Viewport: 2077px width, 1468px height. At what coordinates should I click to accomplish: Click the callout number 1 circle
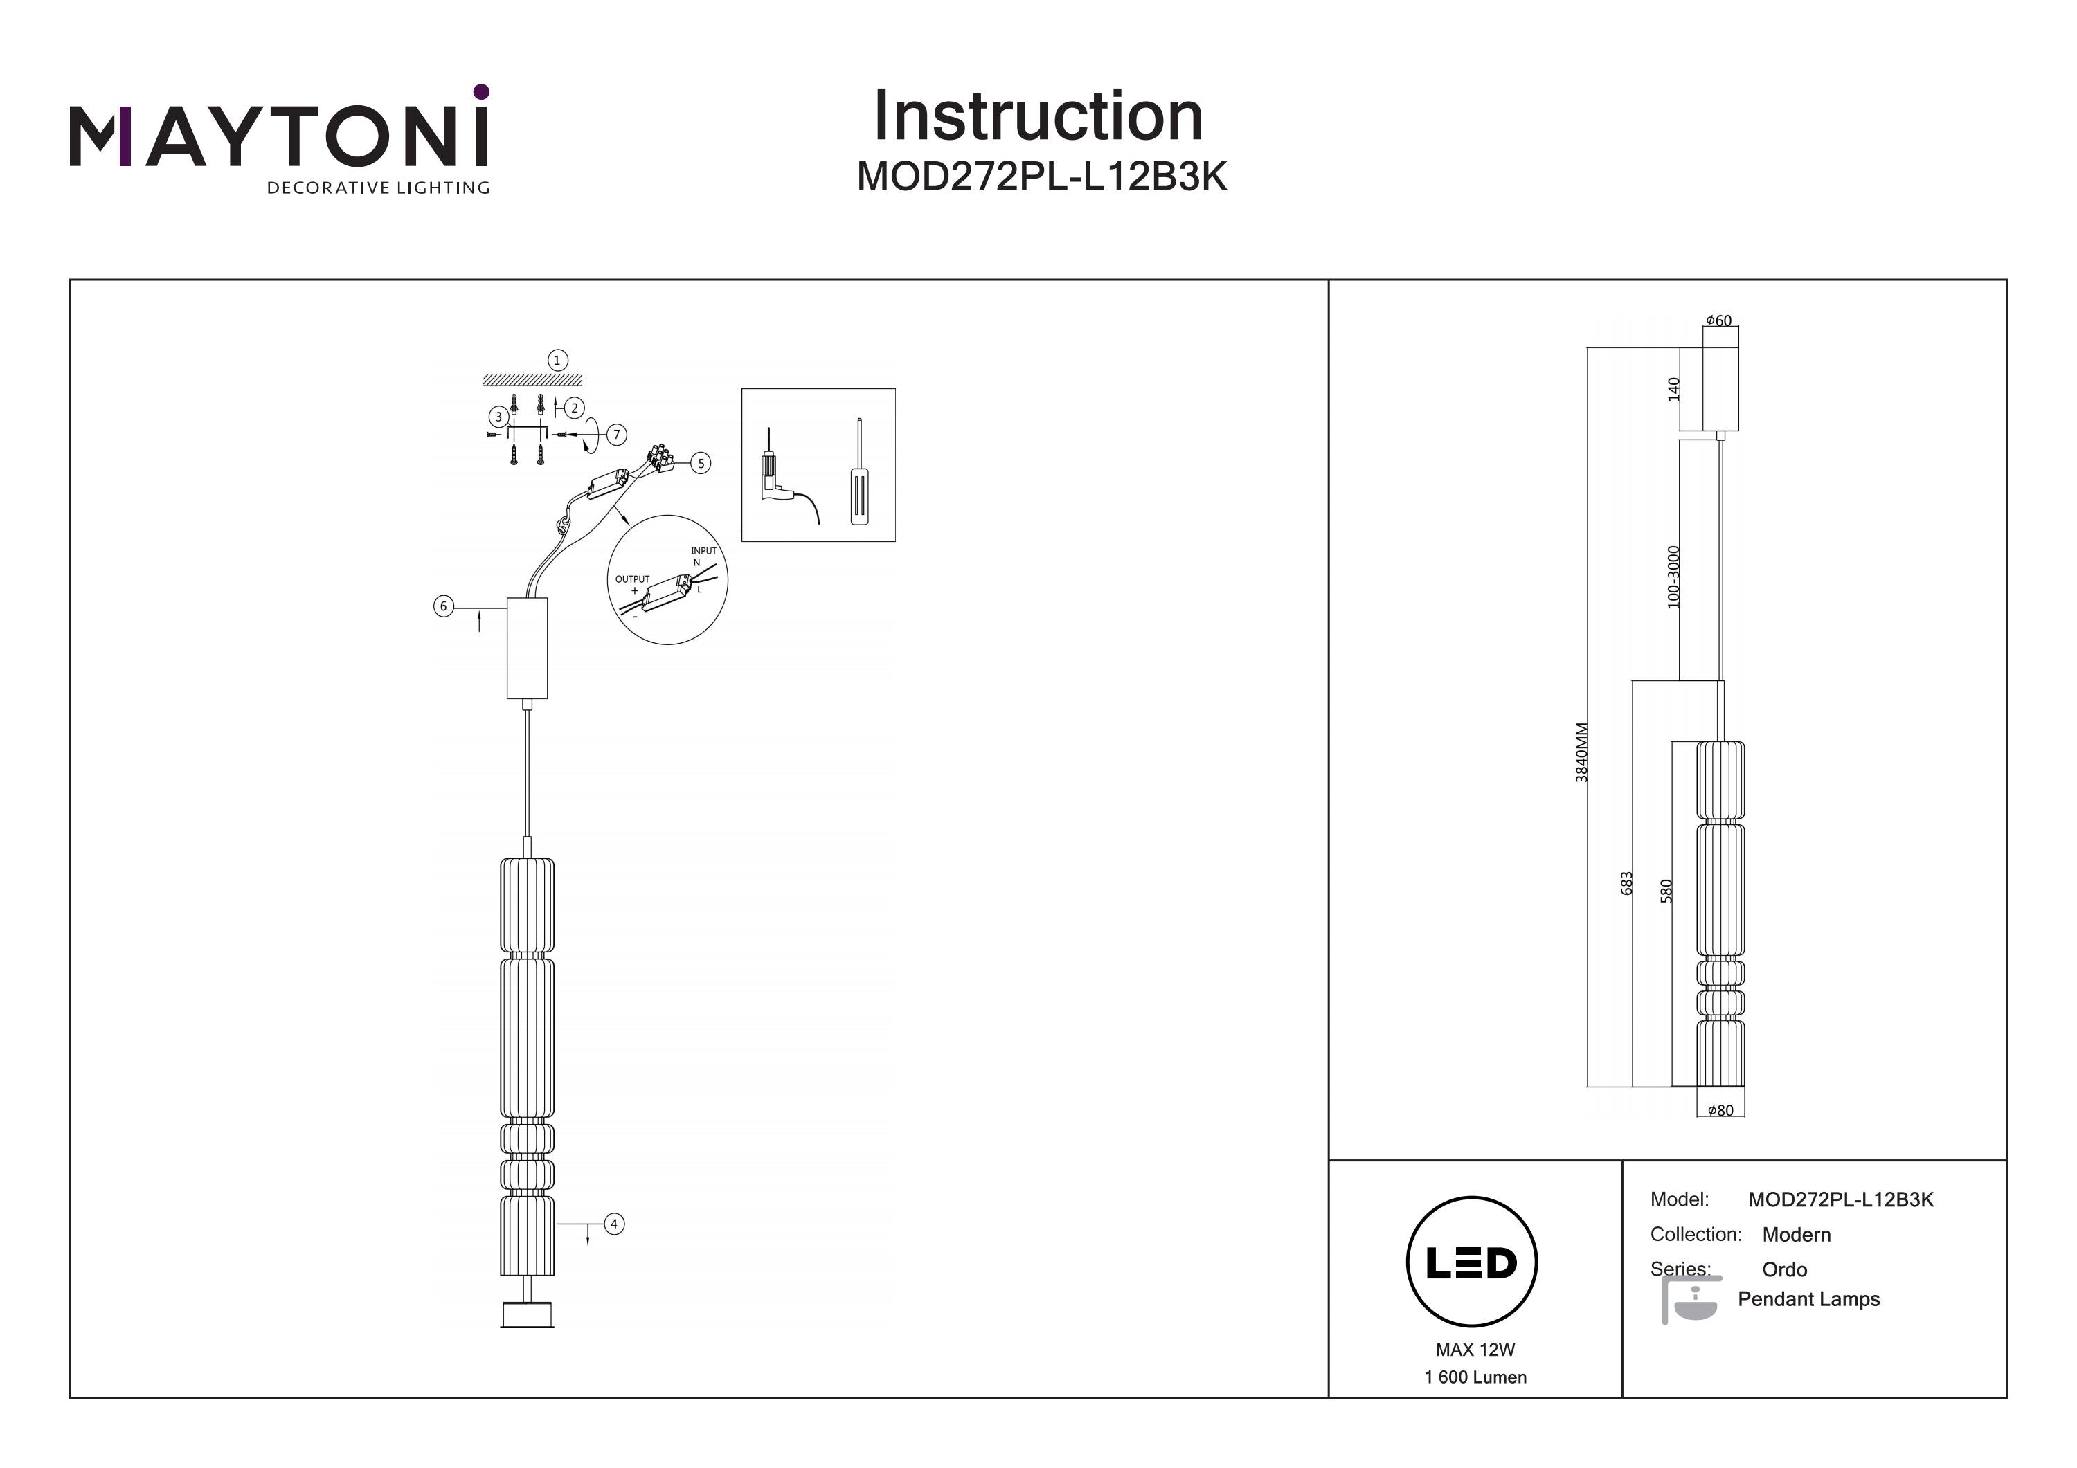[557, 360]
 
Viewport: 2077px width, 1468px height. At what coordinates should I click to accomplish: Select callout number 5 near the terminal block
[700, 463]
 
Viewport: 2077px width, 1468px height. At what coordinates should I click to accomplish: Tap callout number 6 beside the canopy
[443, 606]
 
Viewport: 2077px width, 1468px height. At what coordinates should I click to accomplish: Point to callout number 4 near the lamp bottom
[613, 1224]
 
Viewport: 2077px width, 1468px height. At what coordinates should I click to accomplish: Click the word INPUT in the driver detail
[703, 551]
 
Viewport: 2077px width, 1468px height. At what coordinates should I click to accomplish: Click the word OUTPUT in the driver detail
[631, 579]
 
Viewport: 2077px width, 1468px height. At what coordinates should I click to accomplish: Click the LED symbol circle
[1471, 1262]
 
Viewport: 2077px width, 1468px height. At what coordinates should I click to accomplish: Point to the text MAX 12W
[1475, 1350]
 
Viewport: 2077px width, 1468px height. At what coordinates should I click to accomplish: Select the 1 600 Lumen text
[1475, 1377]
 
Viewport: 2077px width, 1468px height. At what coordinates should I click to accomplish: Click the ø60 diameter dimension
[1719, 321]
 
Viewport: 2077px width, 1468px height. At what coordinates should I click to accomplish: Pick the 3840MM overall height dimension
[1581, 752]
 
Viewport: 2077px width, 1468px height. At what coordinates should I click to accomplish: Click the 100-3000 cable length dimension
[1673, 577]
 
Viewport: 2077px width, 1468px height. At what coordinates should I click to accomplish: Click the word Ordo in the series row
[1784, 1269]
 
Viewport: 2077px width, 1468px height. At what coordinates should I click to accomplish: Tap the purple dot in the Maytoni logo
[481, 91]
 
